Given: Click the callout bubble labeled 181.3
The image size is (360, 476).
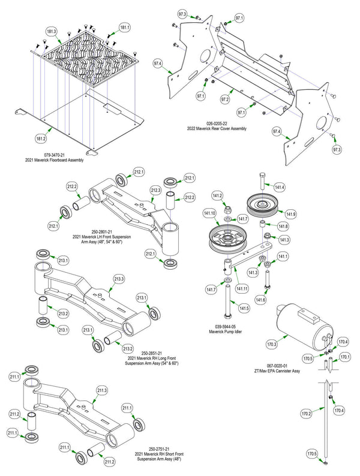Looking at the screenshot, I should click(51, 31).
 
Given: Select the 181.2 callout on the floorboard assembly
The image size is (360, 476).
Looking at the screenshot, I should click(41, 138).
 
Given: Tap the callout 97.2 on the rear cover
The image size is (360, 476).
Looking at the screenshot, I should click(226, 98).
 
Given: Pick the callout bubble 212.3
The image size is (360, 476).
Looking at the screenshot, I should click(155, 190).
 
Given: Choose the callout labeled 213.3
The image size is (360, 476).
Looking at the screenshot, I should click(119, 279).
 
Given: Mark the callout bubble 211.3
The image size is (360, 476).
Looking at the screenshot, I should click(101, 390).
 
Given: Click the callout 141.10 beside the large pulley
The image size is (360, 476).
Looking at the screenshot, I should click(209, 213).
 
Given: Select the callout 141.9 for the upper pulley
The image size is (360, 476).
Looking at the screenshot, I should click(290, 214).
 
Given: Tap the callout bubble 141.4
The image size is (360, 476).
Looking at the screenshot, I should click(280, 188).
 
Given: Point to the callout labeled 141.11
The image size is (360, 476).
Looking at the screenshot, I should click(242, 289).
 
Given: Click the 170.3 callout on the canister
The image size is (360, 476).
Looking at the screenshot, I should click(271, 345).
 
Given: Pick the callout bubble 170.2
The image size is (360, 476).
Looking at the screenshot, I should click(306, 414).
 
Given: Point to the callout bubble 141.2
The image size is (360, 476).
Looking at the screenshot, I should click(217, 195).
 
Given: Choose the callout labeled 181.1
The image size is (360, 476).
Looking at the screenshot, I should click(125, 27).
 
